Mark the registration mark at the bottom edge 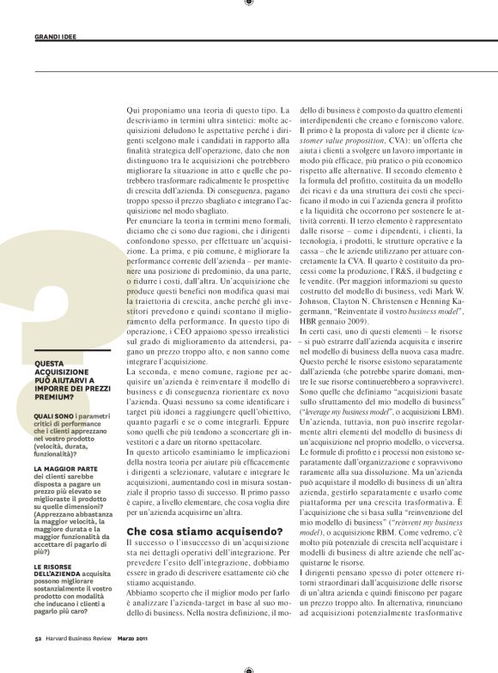[x=249, y=669]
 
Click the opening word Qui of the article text [x=134, y=112]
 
